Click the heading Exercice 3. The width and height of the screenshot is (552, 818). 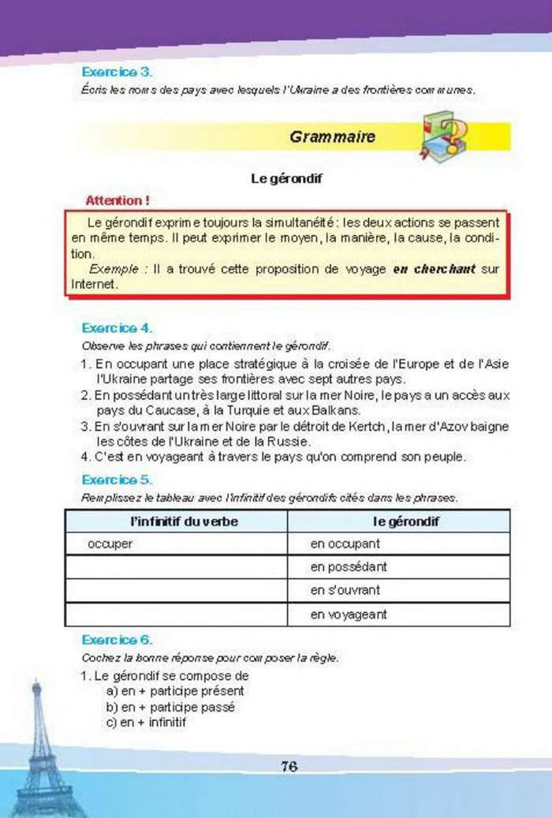pos(117,72)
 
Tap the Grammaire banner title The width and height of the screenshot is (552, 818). pos(332,136)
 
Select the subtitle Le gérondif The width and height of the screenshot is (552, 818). pos(287,179)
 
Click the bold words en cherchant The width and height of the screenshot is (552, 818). pos(435,268)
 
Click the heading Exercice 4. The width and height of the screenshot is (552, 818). pos(117,327)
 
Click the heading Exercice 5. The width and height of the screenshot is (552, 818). pos(117,479)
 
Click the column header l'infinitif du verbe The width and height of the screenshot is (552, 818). pos(182,521)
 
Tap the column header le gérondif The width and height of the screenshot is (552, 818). pos(406,521)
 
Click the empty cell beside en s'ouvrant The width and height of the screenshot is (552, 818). pos(175,590)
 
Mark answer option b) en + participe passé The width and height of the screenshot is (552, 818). pos(170,707)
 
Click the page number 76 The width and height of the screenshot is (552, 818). pos(288,766)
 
